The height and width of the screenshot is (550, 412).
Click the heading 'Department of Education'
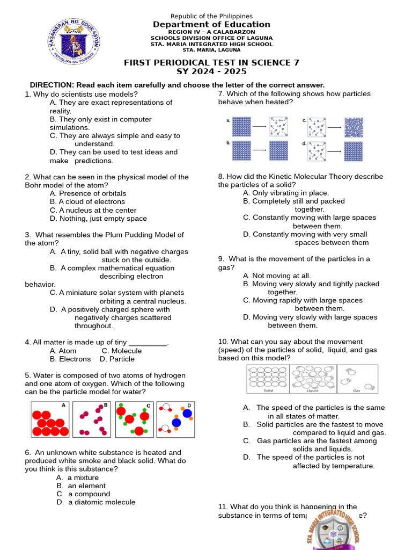(x=211, y=25)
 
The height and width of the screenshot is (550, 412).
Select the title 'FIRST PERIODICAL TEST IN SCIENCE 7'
(x=211, y=62)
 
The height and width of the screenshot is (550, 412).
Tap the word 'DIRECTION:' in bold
(x=52, y=85)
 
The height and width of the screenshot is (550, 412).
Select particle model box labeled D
(x=175, y=419)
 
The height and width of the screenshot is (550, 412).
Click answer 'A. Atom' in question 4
(x=63, y=351)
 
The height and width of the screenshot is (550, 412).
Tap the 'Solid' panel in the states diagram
(x=268, y=379)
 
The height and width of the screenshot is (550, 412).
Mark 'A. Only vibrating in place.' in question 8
(x=286, y=193)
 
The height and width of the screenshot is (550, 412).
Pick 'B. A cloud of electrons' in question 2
(x=87, y=202)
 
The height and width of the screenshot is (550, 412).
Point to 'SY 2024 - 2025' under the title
(x=211, y=71)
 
